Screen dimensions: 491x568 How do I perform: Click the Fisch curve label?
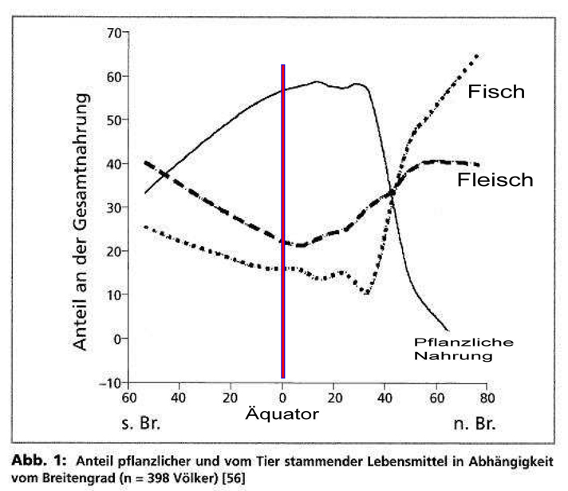(x=496, y=92)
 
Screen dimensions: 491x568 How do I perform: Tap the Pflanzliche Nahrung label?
(x=452, y=350)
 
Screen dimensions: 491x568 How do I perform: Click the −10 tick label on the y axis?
(x=108, y=383)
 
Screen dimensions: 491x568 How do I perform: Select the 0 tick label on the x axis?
(x=282, y=397)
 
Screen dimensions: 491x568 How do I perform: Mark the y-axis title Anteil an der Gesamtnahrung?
(x=81, y=208)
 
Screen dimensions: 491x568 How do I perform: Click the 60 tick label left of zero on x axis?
(x=126, y=397)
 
